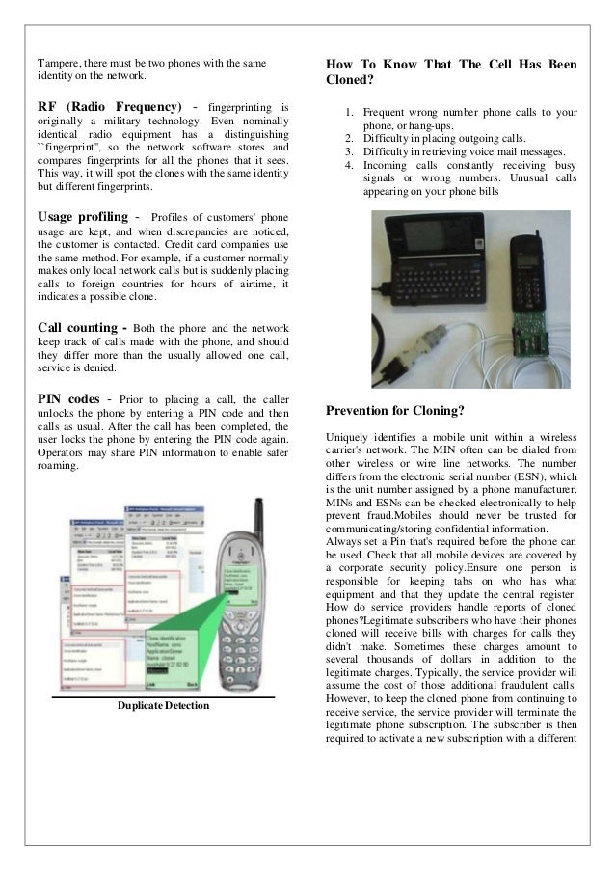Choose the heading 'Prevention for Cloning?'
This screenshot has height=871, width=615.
(x=395, y=410)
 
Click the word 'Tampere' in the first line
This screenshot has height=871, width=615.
(x=57, y=63)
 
